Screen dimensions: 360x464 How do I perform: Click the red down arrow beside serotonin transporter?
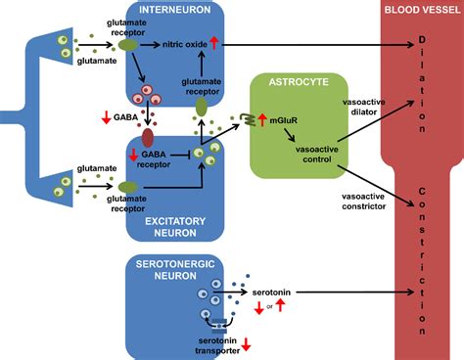coord(249,343)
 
